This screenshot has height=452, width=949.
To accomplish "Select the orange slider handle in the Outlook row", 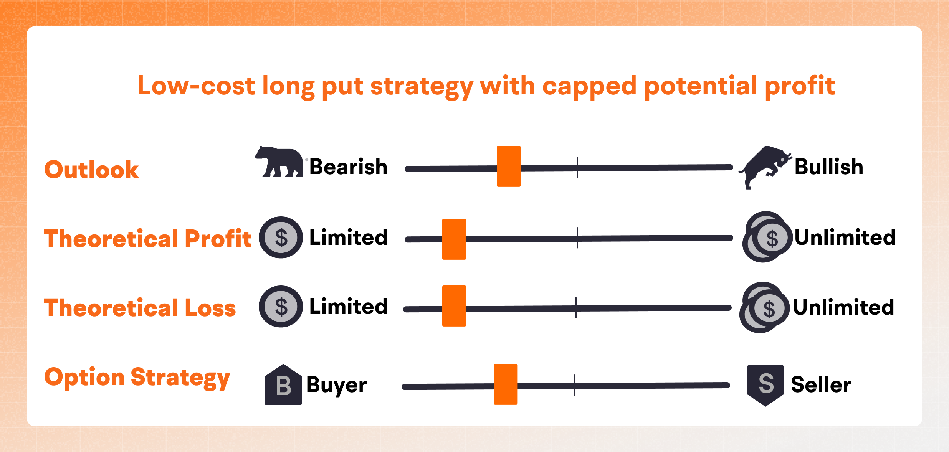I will [509, 166].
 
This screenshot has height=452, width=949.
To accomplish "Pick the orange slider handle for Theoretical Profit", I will [454, 239].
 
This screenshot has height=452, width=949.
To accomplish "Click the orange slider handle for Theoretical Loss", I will [454, 306].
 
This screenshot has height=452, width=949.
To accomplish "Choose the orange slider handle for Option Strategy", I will [506, 384].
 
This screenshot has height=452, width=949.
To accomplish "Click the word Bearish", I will [348, 167].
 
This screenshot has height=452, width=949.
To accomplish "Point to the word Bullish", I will [829, 167].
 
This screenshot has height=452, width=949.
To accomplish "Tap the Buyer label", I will [336, 385].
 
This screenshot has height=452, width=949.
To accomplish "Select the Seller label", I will [821, 384].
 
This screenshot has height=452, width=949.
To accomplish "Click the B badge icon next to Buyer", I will [283, 385].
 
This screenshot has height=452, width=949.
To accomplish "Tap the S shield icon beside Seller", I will [765, 384].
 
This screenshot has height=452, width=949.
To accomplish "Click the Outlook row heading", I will [91, 170].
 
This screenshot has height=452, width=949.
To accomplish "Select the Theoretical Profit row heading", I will [148, 239].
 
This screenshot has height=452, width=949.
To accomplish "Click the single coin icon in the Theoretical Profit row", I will [281, 238].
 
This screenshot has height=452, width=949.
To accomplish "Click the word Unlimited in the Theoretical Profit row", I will [845, 238].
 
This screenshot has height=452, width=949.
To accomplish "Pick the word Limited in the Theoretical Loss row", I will [348, 307].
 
